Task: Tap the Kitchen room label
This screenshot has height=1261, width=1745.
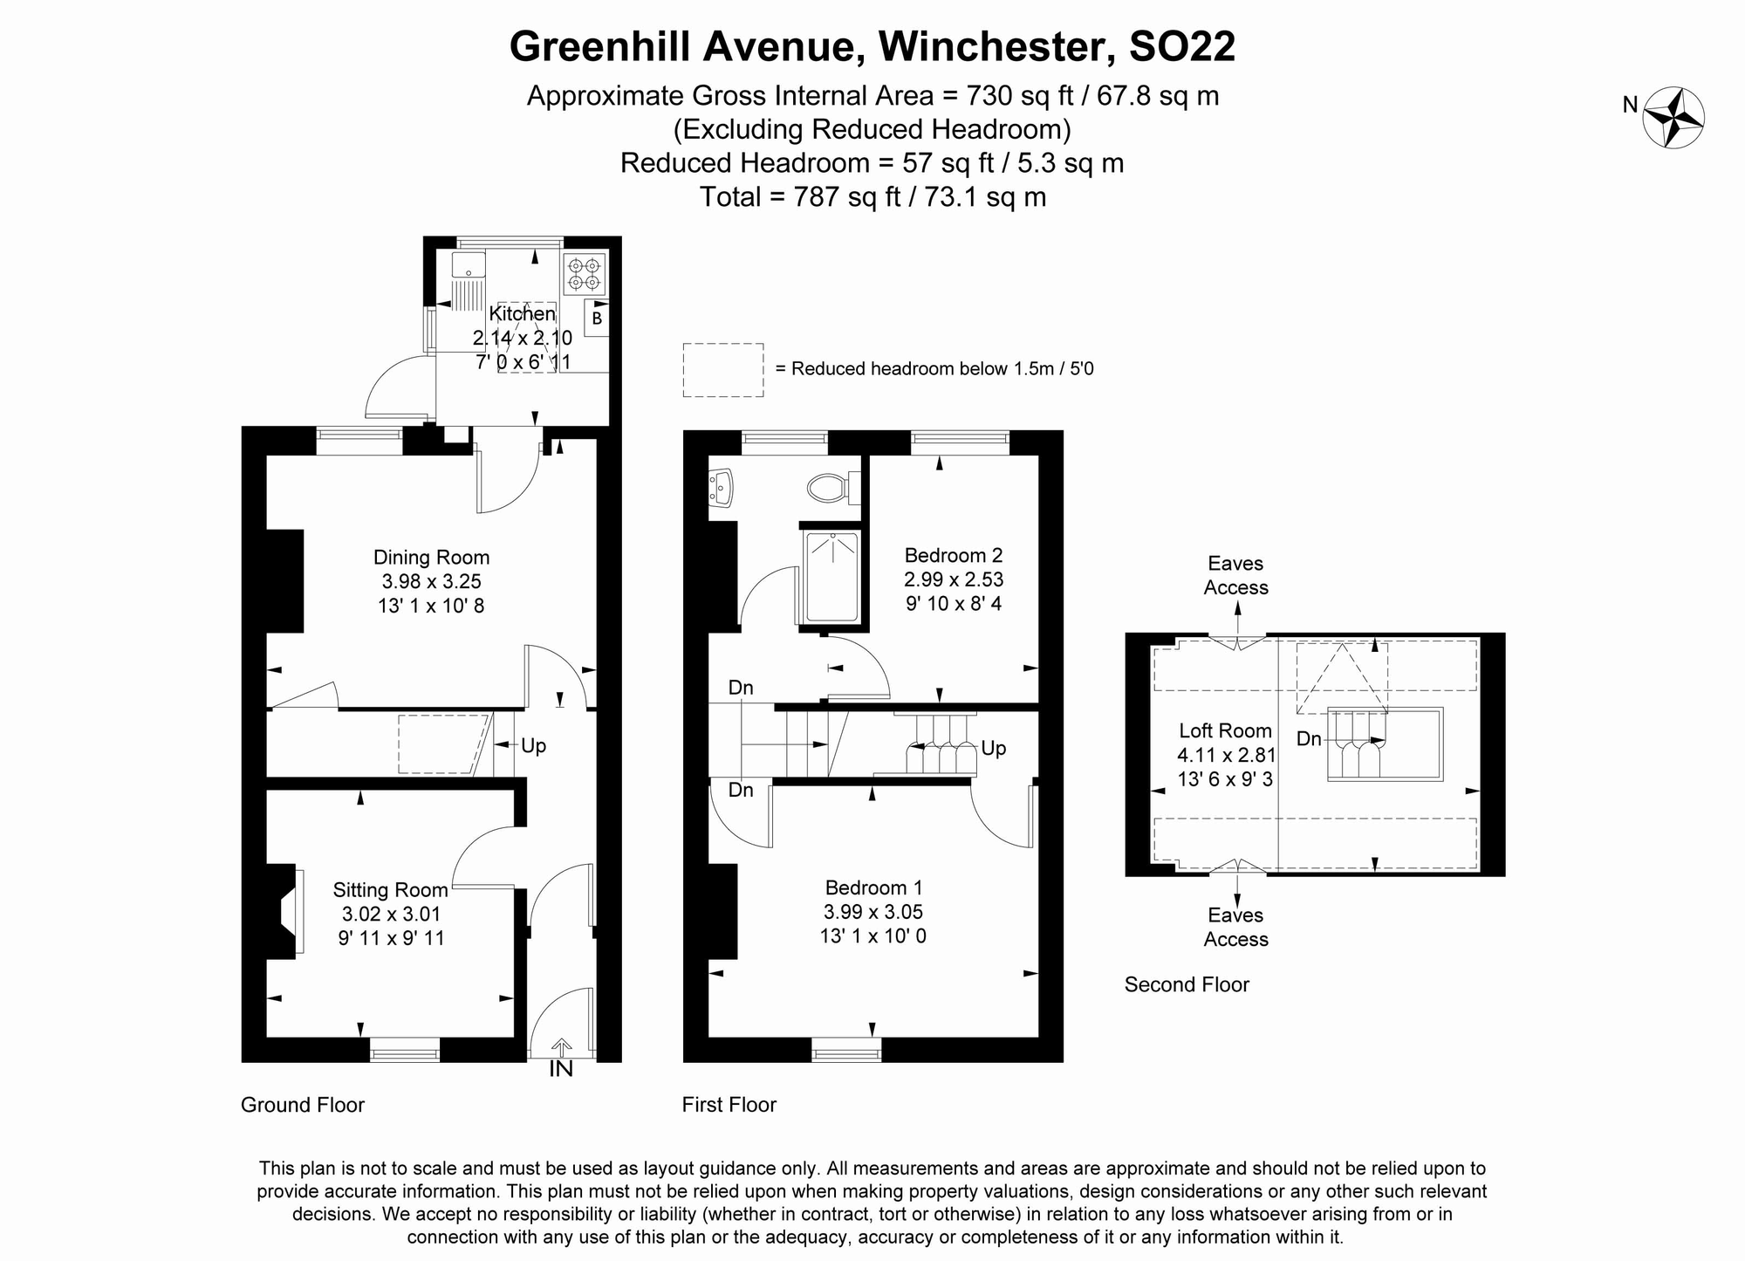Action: click(x=522, y=313)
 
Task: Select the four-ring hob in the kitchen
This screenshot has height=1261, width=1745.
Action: click(x=584, y=273)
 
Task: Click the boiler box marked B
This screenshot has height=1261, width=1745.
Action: click(x=597, y=319)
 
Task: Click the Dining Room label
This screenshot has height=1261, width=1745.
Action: click(x=431, y=557)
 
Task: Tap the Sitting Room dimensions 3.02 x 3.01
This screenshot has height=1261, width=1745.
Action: click(x=391, y=915)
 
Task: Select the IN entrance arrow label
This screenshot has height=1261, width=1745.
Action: click(x=561, y=1068)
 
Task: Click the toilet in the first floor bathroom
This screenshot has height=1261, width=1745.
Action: click(x=829, y=488)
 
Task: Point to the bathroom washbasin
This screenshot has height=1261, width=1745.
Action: click(x=722, y=487)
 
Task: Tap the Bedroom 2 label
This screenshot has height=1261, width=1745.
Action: click(x=953, y=555)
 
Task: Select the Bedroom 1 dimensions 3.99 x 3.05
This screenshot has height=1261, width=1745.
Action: click(x=873, y=912)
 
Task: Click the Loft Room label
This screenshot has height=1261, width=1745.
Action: click(x=1225, y=730)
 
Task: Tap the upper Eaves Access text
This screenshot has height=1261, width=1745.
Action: click(x=1235, y=575)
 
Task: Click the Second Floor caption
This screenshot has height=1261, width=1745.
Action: click(x=1187, y=984)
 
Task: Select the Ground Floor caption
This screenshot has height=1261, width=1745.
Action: click(x=302, y=1105)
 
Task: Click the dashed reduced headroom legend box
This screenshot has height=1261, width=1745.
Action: click(x=722, y=370)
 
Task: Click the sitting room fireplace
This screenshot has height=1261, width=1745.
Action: click(x=286, y=912)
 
